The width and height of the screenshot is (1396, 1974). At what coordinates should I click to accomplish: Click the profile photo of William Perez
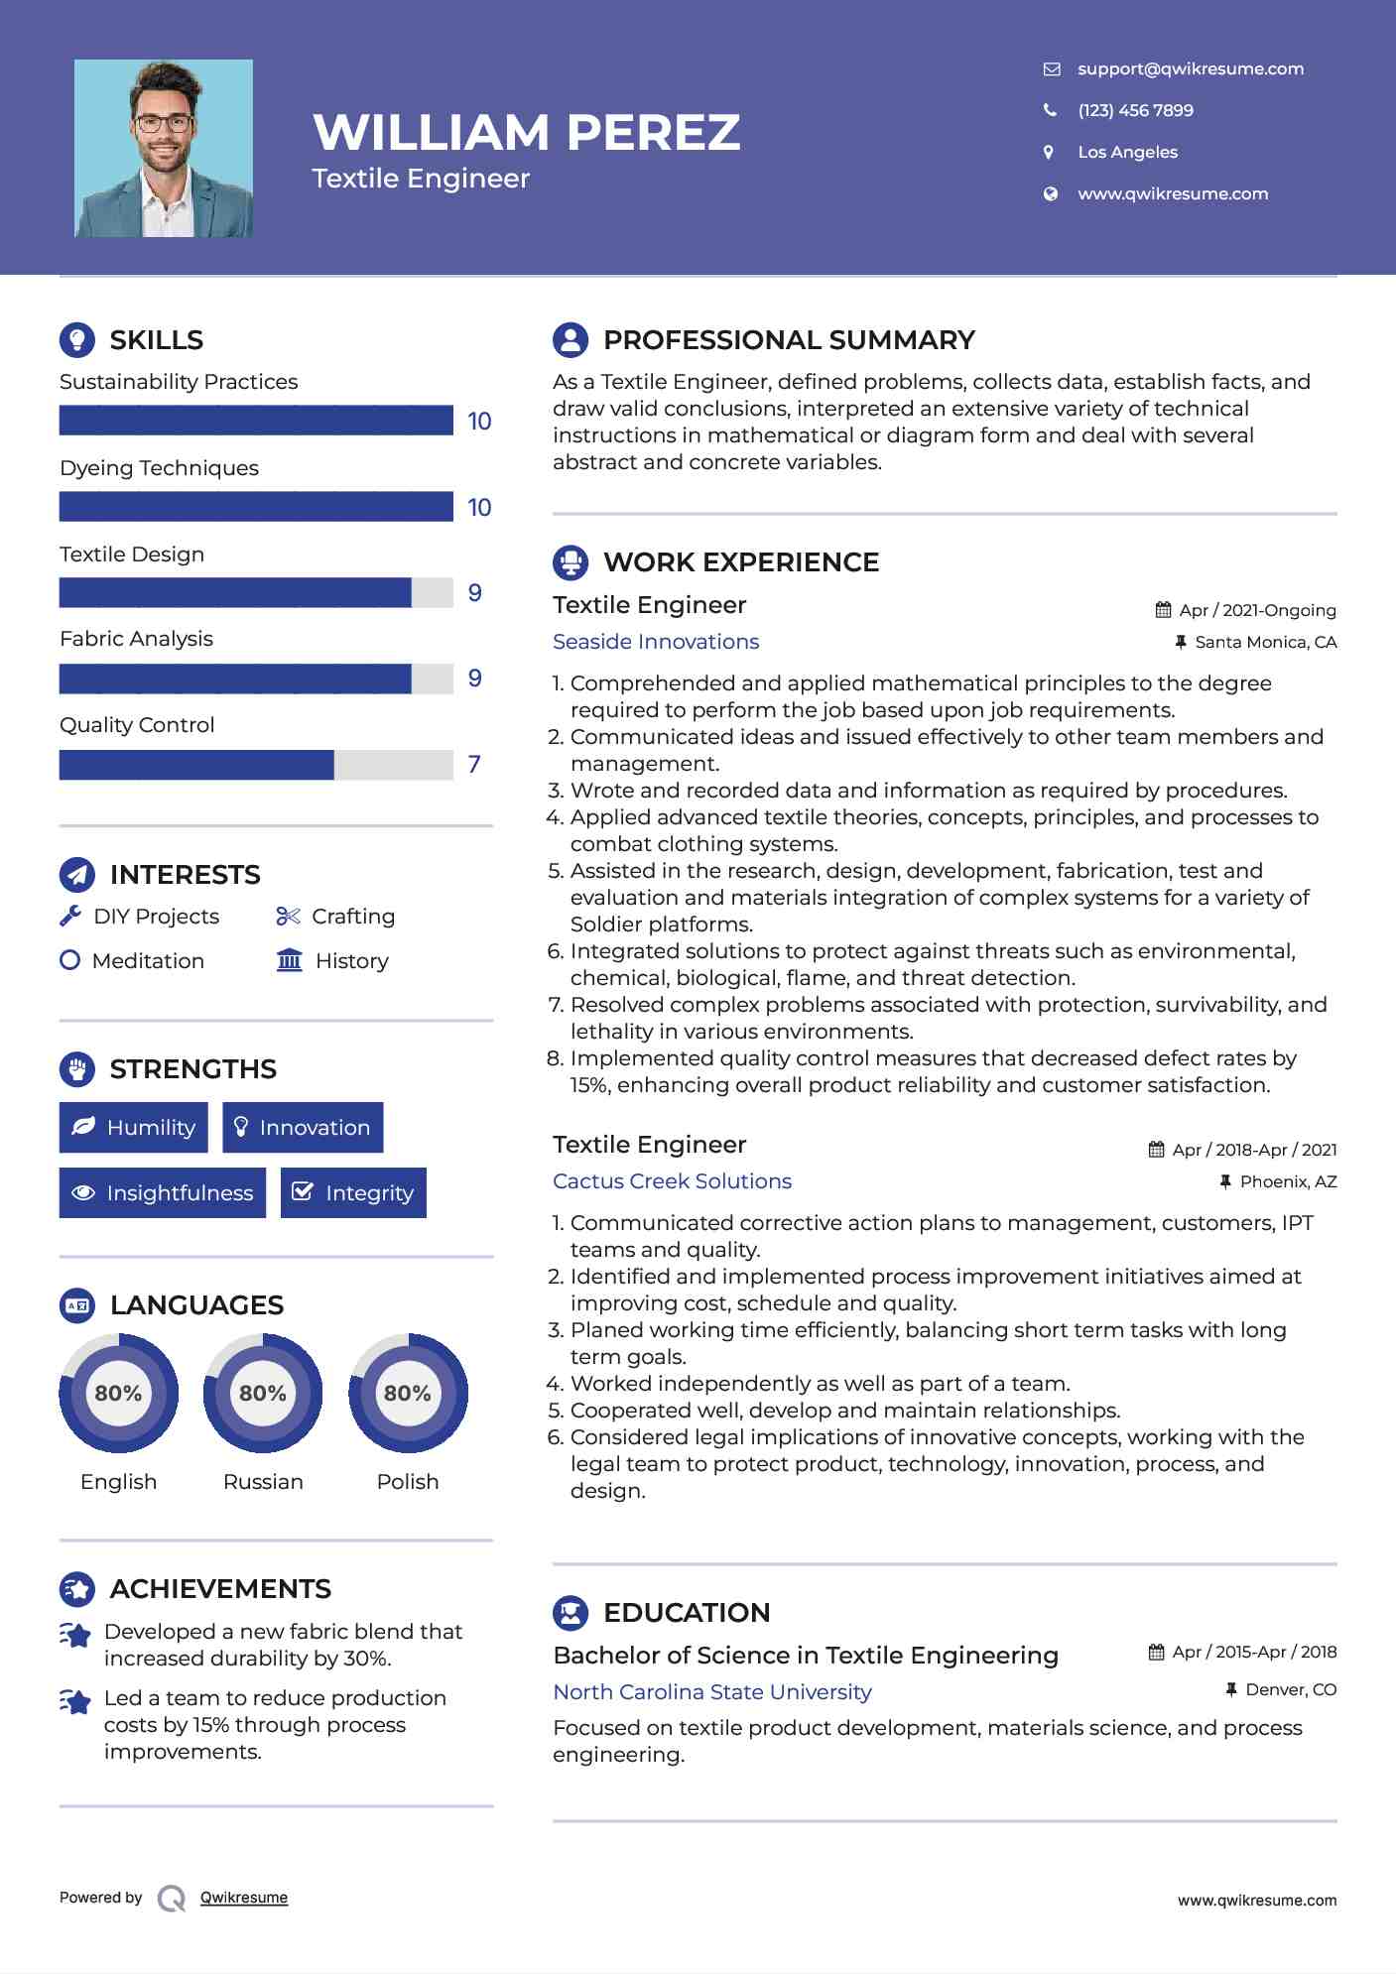tap(164, 149)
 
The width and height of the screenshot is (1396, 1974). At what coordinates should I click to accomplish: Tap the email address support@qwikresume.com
tap(1190, 68)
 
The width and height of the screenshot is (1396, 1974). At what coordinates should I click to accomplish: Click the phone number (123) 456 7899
tap(1135, 110)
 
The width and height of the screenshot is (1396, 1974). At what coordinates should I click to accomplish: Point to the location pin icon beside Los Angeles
tap(1049, 152)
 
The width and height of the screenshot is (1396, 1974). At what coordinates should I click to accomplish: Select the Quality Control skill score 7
tap(474, 765)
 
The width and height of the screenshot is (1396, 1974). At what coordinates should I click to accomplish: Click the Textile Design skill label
tap(132, 555)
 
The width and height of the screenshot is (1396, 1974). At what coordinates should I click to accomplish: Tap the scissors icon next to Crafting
tap(288, 917)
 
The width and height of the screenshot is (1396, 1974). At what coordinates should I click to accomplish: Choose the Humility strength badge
tap(134, 1128)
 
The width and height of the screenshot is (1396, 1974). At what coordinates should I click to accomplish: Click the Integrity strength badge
tap(353, 1193)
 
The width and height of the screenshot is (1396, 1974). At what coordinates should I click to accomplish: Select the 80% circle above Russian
tap(263, 1394)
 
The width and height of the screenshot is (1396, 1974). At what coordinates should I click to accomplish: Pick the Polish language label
tap(408, 1482)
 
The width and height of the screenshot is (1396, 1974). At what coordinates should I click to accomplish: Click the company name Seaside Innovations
tap(656, 642)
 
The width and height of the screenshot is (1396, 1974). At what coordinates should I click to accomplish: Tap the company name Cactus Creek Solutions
tap(672, 1181)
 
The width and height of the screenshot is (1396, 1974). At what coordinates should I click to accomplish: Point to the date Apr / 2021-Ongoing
tap(1257, 611)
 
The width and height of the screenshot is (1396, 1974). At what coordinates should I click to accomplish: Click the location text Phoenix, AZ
tap(1288, 1181)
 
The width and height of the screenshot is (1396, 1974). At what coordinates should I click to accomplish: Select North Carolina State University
tap(712, 1692)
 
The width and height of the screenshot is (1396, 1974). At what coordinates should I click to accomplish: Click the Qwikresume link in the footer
tap(244, 1898)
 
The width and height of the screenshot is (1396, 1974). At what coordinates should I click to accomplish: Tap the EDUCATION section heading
tap(687, 1613)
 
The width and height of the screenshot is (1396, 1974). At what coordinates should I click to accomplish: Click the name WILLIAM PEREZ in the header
tap(527, 132)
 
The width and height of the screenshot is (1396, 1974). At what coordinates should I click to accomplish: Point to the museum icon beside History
tap(290, 961)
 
